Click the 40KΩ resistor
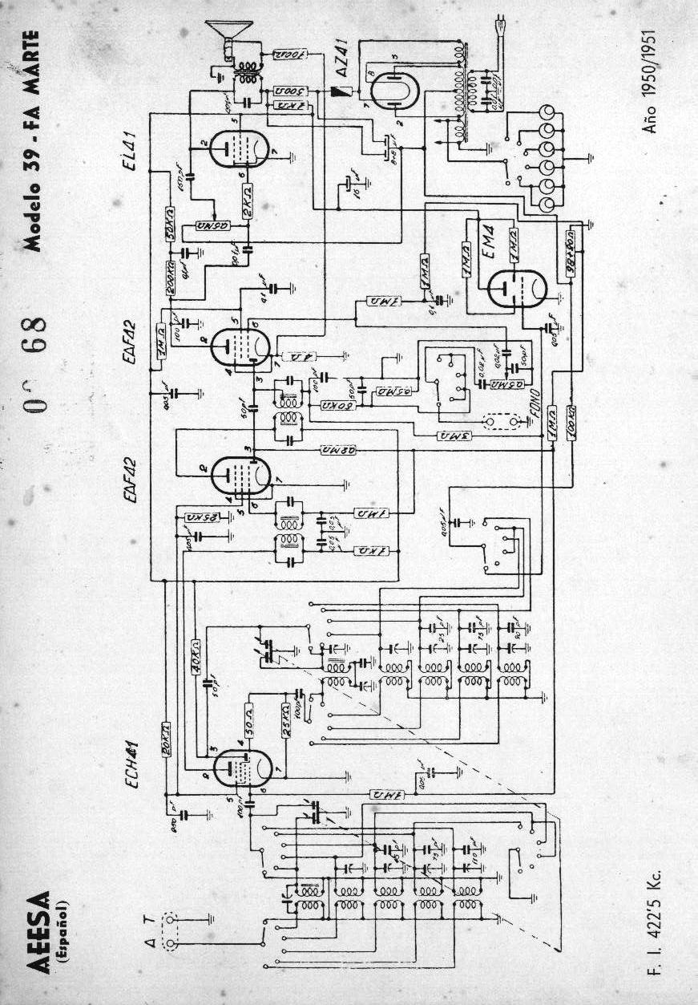point(196,657)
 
